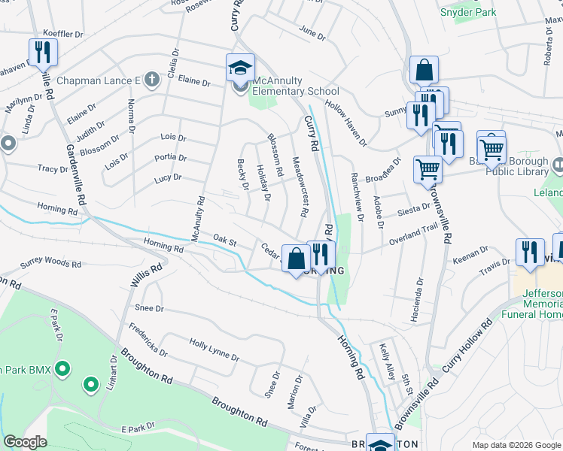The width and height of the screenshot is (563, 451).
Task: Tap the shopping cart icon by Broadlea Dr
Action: click(428, 168)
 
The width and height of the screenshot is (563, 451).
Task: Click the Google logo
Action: click(26, 442)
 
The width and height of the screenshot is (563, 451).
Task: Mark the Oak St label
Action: click(224, 241)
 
